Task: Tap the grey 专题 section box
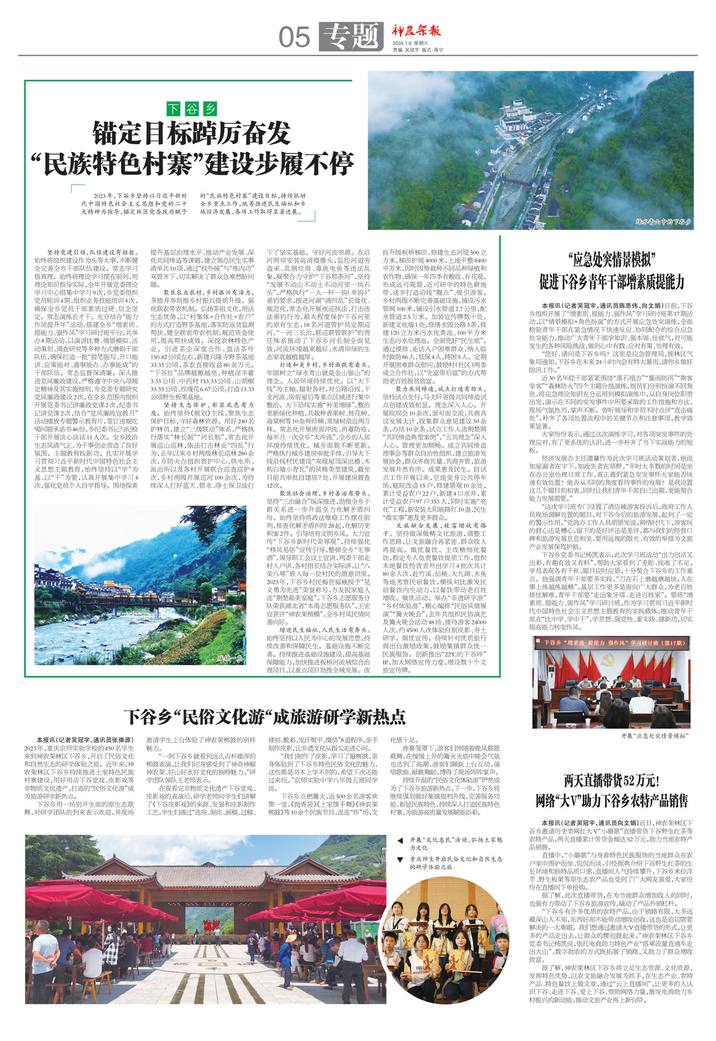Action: click(351, 37)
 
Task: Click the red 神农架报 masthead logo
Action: click(416, 31)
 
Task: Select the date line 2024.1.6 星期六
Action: click(410, 43)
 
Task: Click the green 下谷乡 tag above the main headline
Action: click(191, 109)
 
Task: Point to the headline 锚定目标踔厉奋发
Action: click(192, 133)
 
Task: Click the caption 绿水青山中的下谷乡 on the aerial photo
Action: click(663, 222)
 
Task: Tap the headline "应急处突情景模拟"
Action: click(612, 260)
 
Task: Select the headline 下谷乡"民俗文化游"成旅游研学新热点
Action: click(264, 717)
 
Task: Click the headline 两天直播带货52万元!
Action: click(612, 780)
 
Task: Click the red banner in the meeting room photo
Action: click(612, 643)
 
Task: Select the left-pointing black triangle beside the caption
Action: click(400, 840)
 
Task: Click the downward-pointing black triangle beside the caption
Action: click(400, 859)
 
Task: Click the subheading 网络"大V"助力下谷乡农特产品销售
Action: click(612, 801)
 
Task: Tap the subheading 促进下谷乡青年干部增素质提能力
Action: click(612, 281)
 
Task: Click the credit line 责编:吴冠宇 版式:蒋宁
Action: click(418, 50)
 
